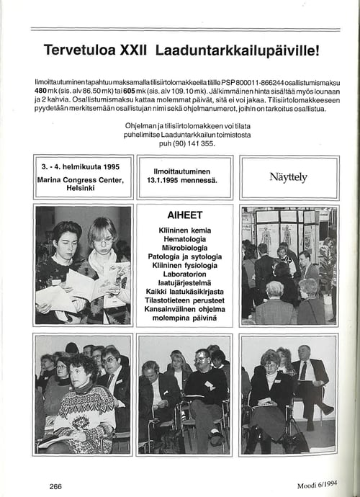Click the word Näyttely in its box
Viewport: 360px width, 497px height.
pos(288,176)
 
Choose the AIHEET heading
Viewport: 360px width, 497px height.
pos(184,215)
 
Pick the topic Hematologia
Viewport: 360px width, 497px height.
pos(184,237)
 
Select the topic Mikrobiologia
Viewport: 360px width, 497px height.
pos(184,246)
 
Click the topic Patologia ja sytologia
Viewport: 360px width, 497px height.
pos(184,256)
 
